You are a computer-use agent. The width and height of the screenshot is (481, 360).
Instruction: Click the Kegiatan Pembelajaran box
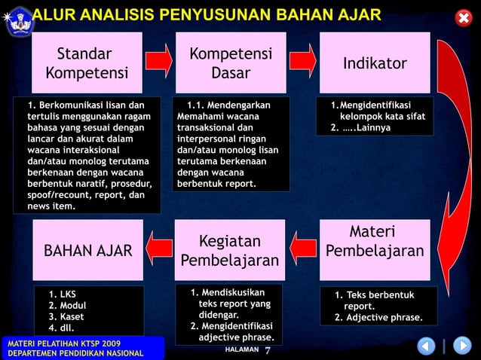click(x=230, y=251)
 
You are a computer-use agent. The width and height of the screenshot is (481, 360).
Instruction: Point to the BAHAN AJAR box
click(x=88, y=251)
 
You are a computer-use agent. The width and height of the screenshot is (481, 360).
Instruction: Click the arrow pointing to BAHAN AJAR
click(x=159, y=248)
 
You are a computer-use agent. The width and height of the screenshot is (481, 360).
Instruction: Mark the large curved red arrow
click(x=455, y=143)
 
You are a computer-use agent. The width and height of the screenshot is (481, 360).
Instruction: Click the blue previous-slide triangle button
click(x=426, y=346)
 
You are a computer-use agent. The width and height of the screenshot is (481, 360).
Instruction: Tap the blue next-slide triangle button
click(x=461, y=346)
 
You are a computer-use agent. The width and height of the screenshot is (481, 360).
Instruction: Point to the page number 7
click(x=268, y=350)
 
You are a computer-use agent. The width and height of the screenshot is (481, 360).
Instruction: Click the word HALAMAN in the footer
click(x=241, y=350)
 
